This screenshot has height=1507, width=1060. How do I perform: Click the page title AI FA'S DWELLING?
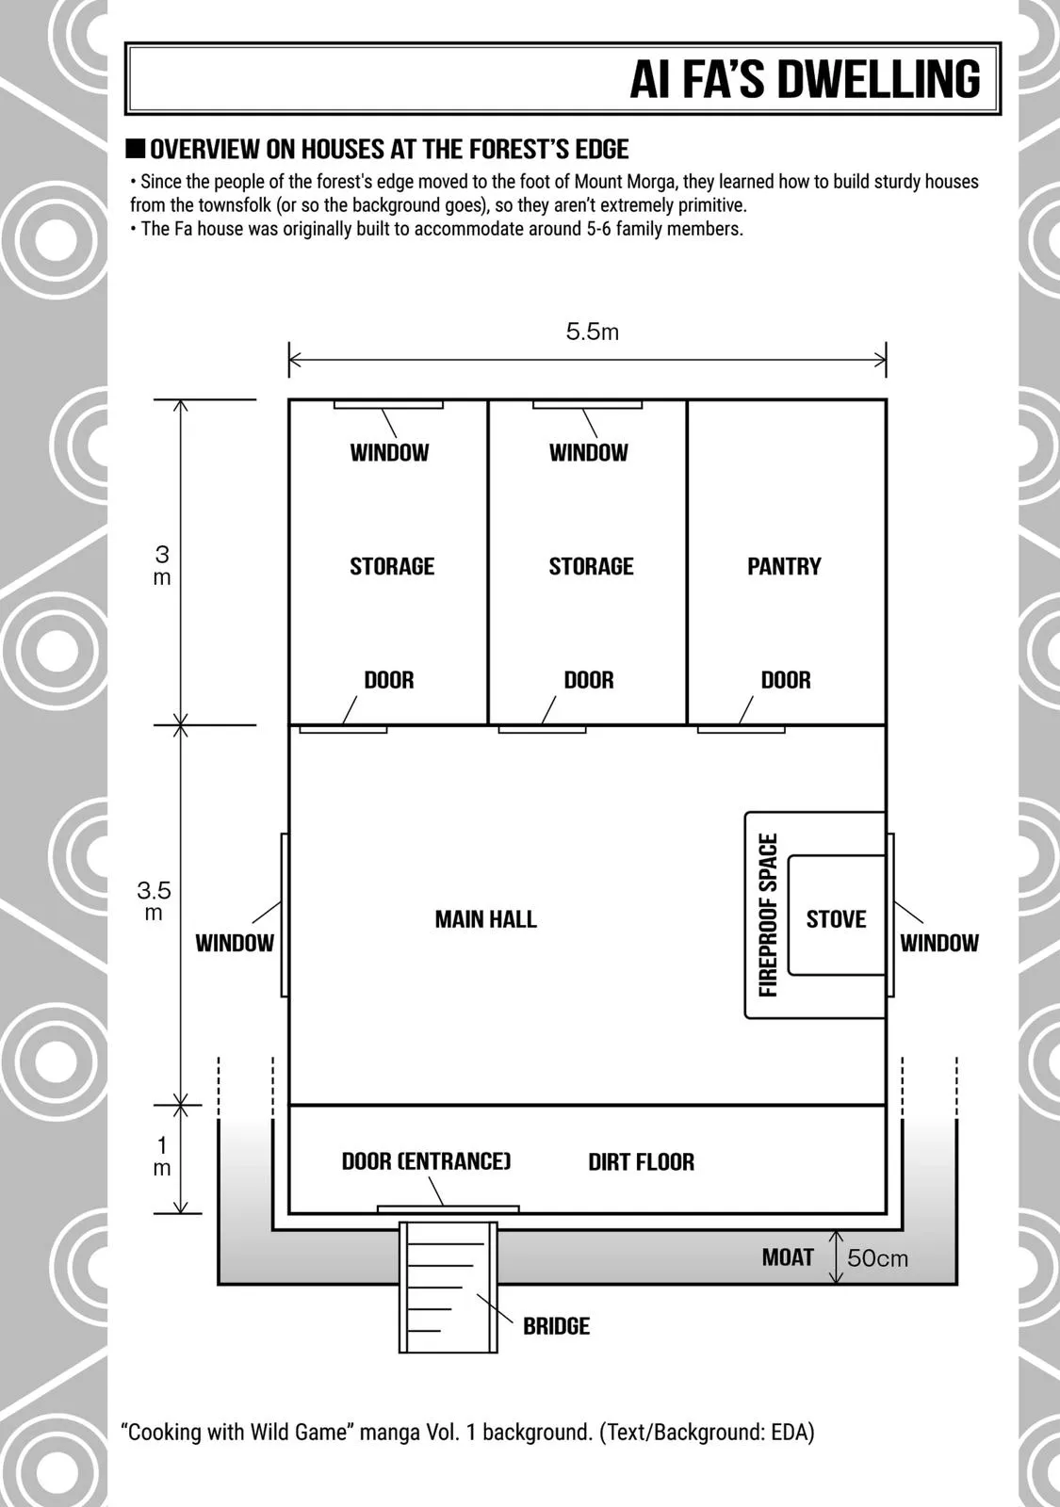[x=805, y=79]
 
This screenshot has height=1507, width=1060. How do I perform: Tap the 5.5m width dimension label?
[x=593, y=332]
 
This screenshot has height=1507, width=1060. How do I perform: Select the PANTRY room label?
[x=784, y=566]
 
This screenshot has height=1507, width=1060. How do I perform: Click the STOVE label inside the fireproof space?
[x=836, y=919]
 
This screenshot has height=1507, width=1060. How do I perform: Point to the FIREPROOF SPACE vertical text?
[x=768, y=915]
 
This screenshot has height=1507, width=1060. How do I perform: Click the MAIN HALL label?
[x=486, y=919]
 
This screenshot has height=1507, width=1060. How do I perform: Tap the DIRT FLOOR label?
[x=642, y=1162]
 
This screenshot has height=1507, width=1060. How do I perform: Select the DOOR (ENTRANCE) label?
[x=427, y=1161]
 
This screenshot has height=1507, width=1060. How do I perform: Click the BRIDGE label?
[x=557, y=1326]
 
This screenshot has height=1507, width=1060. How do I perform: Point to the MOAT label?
[x=788, y=1257]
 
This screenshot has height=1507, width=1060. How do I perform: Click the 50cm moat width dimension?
[x=877, y=1258]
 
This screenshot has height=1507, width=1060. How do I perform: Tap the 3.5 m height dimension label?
[x=155, y=900]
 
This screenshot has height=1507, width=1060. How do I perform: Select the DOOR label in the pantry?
[x=786, y=680]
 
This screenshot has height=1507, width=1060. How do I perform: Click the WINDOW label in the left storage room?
[x=389, y=453]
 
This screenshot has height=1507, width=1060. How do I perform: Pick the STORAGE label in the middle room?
[x=591, y=566]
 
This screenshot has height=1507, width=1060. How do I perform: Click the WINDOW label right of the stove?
[x=939, y=943]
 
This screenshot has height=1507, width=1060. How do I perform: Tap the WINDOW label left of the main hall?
[x=235, y=943]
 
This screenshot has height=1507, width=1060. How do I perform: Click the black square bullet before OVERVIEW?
[x=136, y=149]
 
